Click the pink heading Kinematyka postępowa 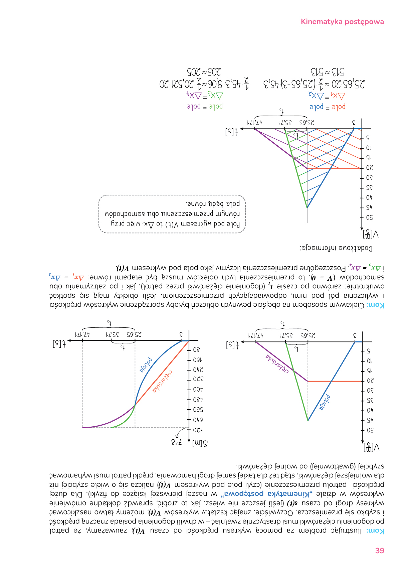[x=342, y=22]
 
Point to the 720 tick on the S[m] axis [x=198, y=430]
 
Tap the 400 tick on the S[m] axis [x=198, y=389]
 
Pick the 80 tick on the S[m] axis [x=197, y=350]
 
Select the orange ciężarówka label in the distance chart [x=163, y=381]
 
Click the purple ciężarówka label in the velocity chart [x=277, y=363]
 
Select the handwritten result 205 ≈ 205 [x=204, y=72]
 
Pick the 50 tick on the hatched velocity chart [x=369, y=217]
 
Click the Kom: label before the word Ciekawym [x=375, y=305]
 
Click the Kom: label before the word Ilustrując [x=375, y=531]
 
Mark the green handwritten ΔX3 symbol [x=215, y=96]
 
